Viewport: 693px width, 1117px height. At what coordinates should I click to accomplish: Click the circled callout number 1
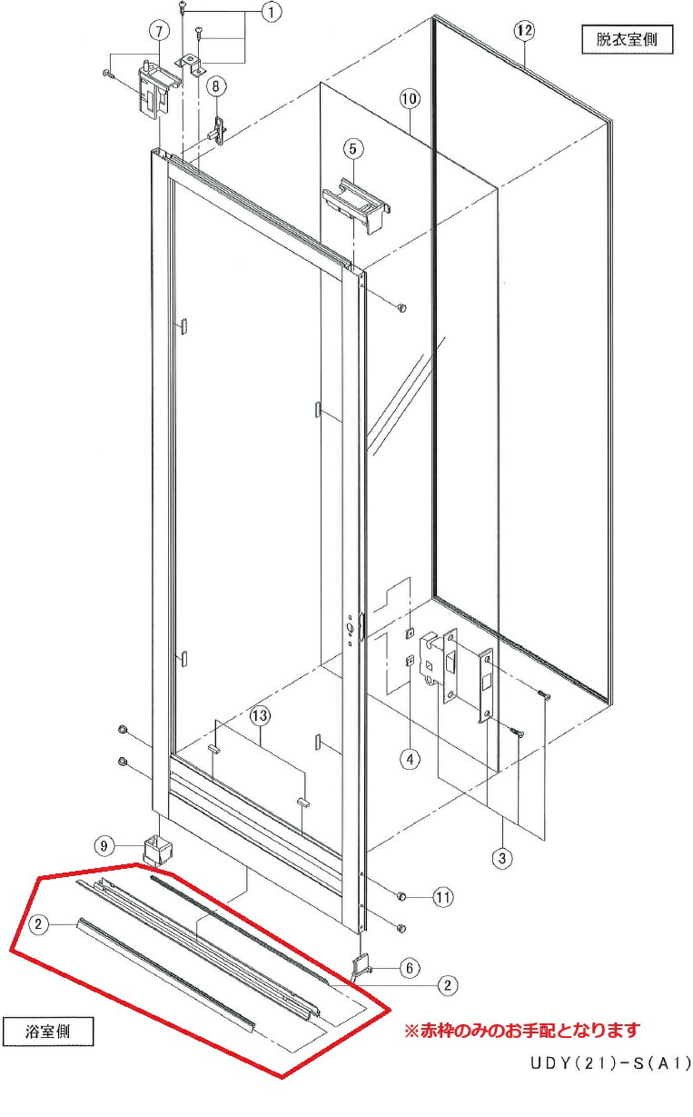tap(272, 12)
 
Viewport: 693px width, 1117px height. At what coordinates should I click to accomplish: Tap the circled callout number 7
tap(159, 32)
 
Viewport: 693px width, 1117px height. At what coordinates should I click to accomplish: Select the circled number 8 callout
tap(216, 86)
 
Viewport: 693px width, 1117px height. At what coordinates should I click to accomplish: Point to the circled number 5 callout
tap(353, 149)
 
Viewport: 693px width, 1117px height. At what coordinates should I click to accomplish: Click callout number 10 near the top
tap(410, 99)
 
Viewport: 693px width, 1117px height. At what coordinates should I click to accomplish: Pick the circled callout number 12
tap(524, 31)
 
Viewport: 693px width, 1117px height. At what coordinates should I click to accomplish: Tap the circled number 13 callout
tap(260, 716)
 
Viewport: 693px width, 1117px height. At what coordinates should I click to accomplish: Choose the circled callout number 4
tap(410, 760)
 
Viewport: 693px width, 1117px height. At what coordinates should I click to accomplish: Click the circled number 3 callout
tap(502, 858)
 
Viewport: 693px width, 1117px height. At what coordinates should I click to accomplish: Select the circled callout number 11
tap(443, 898)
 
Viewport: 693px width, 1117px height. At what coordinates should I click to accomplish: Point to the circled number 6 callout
tap(410, 968)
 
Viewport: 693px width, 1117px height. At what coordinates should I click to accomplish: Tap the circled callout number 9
tap(104, 846)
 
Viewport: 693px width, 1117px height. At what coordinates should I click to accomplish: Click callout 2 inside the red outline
tap(39, 924)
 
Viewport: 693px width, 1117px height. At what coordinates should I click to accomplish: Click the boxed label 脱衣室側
tap(628, 39)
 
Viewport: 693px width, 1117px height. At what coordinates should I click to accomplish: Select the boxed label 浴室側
tap(48, 1032)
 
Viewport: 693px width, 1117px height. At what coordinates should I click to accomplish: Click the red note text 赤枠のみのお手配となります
tap(530, 1030)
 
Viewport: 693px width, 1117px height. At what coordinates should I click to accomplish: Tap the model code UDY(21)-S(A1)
tap(611, 1063)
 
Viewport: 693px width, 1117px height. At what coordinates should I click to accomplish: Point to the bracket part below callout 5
tap(356, 204)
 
